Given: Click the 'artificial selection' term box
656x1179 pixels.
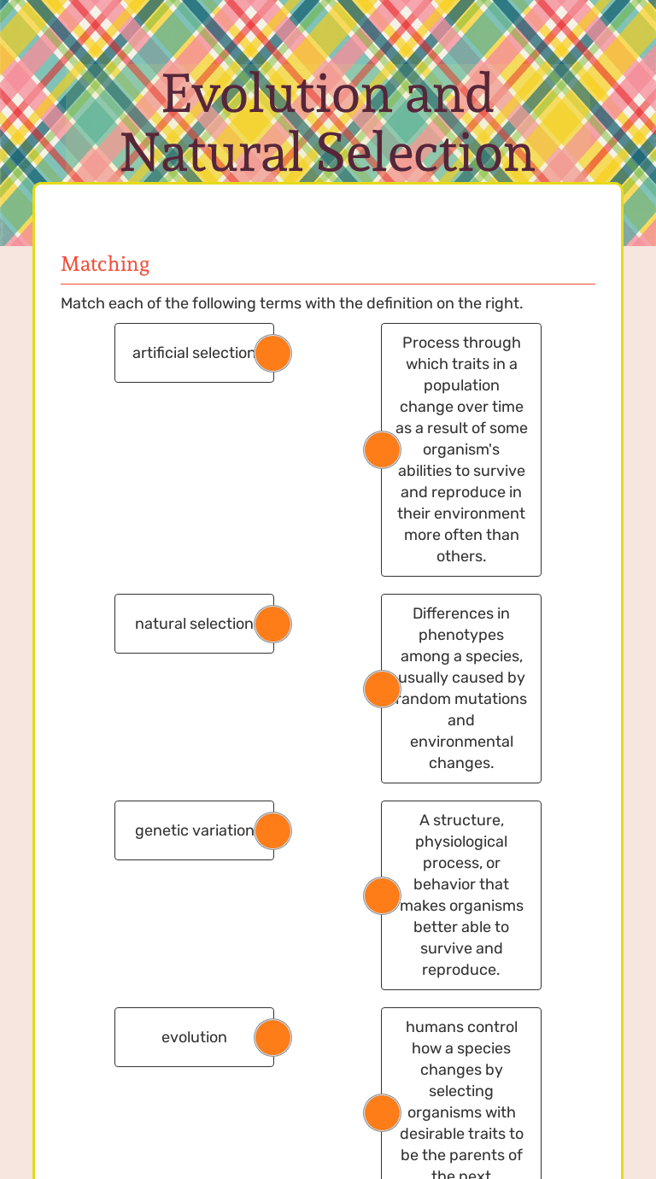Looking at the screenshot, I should coord(188,353).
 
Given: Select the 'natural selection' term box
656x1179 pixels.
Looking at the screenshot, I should coord(188,624).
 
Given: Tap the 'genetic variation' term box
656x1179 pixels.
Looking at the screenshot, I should coord(188,830).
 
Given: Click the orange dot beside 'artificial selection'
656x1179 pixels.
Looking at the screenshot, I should coord(273,353).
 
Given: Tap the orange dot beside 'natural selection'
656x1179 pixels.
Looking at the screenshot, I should coord(273,624).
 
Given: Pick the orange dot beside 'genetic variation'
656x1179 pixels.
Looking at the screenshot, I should coord(273,830).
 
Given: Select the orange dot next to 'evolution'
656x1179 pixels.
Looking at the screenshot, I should coord(273,1037).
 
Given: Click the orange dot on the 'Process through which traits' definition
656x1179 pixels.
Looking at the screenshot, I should coord(382,449).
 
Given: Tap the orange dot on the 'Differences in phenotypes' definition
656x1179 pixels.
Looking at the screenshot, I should coord(382,689).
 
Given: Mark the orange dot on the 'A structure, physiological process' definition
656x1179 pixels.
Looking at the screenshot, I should coord(382,895).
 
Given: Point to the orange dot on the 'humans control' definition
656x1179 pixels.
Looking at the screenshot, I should coord(382,1112).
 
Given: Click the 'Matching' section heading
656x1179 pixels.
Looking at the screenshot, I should coord(105,264).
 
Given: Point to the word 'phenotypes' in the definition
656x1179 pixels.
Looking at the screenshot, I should coord(461,635).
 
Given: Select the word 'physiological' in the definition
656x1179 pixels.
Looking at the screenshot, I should coord(461,842).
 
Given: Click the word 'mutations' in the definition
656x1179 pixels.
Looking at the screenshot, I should coord(489,699).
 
